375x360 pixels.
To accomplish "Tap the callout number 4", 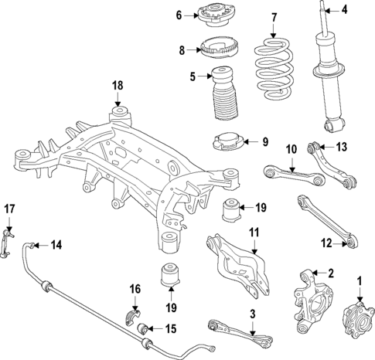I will click(345, 10).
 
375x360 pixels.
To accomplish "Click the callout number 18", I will click(117, 85).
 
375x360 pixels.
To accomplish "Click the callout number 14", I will click(56, 246).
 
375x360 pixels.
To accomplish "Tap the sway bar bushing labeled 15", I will click(145, 331).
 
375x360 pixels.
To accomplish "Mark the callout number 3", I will click(251, 314).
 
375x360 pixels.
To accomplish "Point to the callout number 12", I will click(326, 243).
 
